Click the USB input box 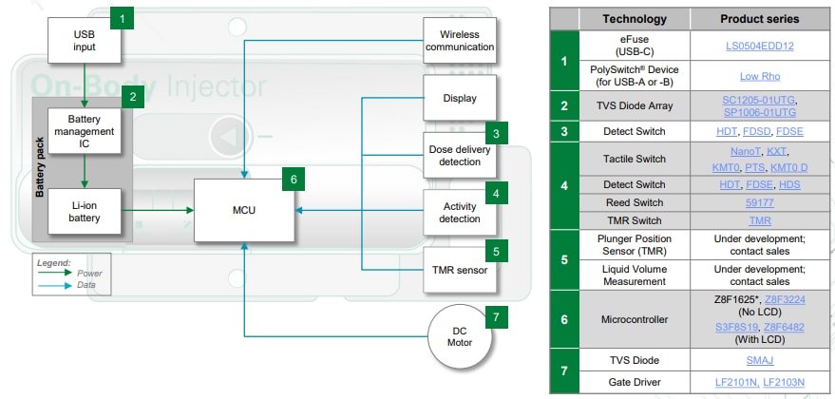coord(86,39)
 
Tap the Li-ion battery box coord(86,212)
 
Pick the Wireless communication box coord(460,40)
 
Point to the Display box coord(460,99)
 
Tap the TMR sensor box coord(460,270)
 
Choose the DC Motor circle coord(460,336)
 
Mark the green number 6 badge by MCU coord(294,179)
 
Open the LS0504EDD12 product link coord(759,46)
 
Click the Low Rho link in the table coord(759,76)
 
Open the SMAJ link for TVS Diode coord(759,361)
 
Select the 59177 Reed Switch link coord(759,202)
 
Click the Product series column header coord(759,19)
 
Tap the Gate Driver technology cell coord(634,381)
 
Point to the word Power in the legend coord(90,273)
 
